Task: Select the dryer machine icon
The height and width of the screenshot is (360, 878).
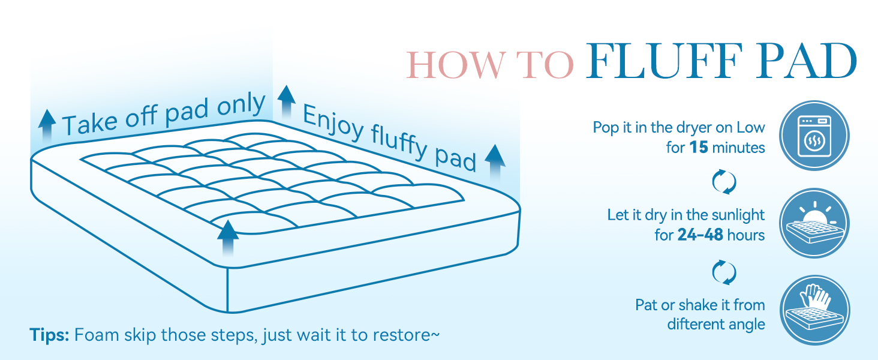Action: [814, 135]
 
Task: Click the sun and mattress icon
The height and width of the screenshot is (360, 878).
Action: [814, 223]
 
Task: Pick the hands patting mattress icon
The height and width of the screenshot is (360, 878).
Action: [814, 310]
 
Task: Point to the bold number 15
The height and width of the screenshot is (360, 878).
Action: [699, 148]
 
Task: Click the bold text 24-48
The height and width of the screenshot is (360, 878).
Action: [700, 235]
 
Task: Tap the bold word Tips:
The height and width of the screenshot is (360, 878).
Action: [49, 335]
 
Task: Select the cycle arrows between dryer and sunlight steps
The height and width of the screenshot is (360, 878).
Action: [724, 182]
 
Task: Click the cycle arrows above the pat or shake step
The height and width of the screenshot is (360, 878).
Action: [724, 272]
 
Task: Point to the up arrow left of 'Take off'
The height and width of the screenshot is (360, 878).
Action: [47, 125]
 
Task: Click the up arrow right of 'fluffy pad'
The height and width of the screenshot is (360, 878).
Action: [495, 163]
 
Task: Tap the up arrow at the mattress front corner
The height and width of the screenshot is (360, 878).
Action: [228, 238]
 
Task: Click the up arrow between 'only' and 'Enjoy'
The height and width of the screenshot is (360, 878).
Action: [287, 101]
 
